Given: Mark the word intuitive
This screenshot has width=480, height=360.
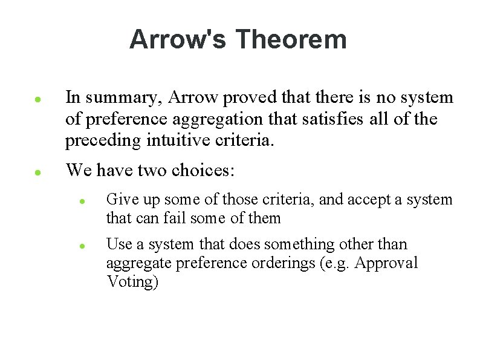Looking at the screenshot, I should coord(178,142).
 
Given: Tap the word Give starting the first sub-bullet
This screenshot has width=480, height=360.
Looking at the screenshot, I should coord(119,199).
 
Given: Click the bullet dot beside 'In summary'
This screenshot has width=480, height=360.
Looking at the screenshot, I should coord(37,99).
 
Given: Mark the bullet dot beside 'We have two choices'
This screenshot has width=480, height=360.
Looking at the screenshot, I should coord(37,172).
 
